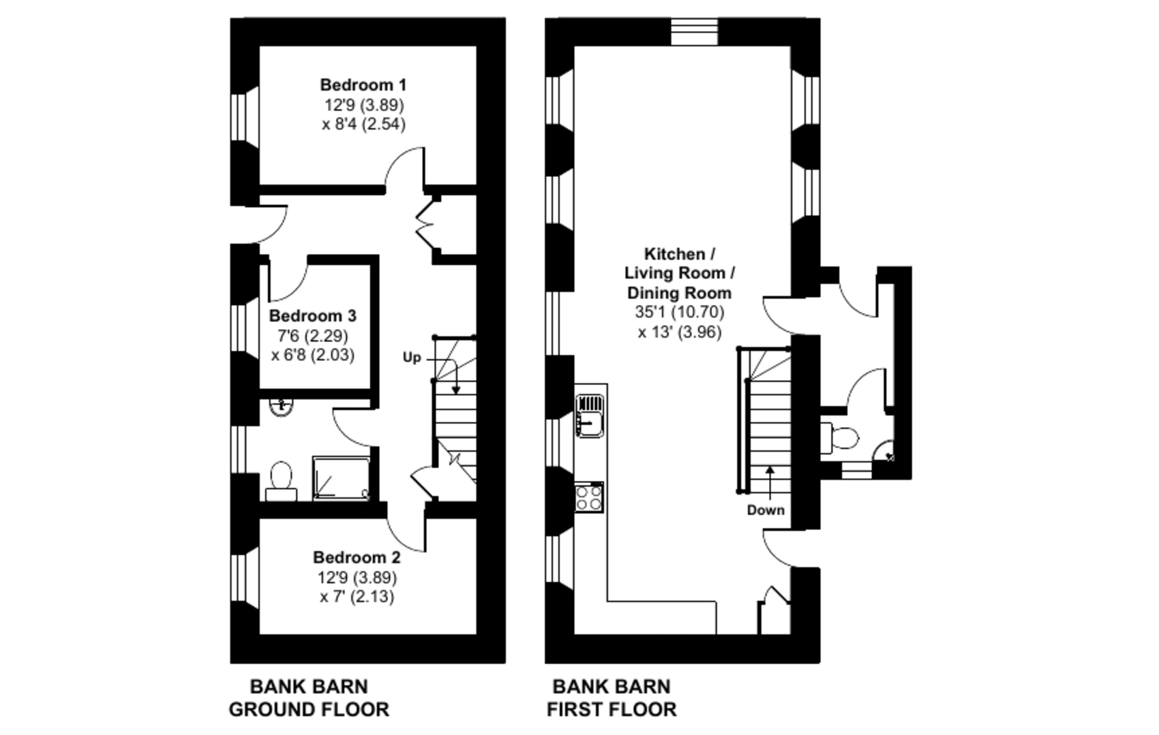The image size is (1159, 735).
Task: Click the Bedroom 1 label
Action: tap(363, 84)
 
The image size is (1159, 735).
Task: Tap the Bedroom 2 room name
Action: tap(357, 557)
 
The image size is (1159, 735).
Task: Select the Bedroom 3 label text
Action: tap(312, 315)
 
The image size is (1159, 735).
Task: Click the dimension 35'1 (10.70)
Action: tap(679, 312)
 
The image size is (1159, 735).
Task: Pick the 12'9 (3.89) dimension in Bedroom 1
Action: tap(364, 105)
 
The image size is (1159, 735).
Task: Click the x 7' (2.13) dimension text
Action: tap(357, 597)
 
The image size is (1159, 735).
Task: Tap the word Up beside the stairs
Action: tap(412, 358)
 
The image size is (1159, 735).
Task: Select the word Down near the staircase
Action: tap(766, 510)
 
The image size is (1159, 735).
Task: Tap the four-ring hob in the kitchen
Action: tap(589, 497)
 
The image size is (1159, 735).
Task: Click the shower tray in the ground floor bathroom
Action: tap(341, 478)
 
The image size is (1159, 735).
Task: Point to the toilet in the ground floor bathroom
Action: tap(281, 481)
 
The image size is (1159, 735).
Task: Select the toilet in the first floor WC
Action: tap(839, 437)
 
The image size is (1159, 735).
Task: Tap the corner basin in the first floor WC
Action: tap(884, 451)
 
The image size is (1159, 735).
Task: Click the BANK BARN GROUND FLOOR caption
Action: tap(309, 698)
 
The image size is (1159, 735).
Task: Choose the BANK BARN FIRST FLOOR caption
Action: tap(612, 698)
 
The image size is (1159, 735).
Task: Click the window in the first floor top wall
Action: tap(694, 32)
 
